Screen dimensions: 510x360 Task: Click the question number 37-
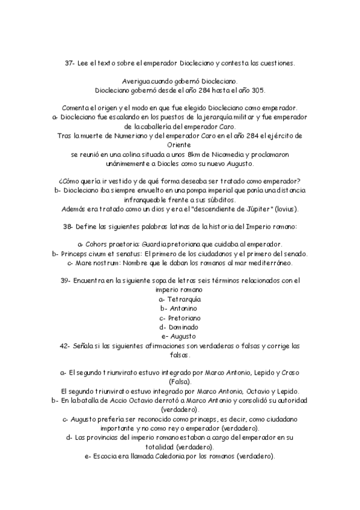click(70, 63)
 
